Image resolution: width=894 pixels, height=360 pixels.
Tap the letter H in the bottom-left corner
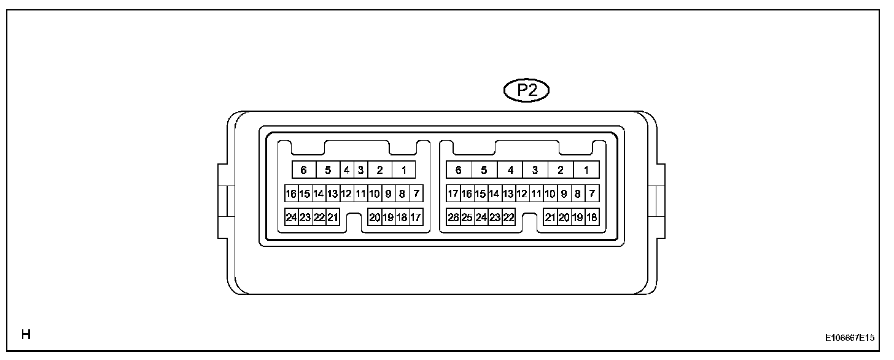coord(26,335)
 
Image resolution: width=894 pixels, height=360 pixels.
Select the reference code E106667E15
coord(850,338)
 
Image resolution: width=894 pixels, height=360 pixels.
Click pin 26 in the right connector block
coord(454,217)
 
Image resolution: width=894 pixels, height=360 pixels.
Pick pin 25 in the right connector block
coord(467,217)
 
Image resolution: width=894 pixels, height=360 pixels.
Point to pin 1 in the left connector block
coord(403,170)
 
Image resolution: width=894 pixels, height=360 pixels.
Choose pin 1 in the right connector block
coord(586,170)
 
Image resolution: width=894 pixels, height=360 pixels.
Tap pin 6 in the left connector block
coord(303,170)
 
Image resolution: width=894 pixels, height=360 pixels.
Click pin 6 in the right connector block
coord(458,170)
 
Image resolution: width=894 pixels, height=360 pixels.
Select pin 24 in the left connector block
coord(292,217)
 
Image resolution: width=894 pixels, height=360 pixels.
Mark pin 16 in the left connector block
coord(292,194)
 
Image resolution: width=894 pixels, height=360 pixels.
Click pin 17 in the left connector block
coord(416,217)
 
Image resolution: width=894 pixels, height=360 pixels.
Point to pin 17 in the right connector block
coord(454,194)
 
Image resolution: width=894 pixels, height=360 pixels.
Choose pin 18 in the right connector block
coord(592,217)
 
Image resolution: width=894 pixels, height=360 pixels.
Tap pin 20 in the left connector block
coord(375,217)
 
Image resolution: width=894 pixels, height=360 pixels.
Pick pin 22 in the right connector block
coord(508,217)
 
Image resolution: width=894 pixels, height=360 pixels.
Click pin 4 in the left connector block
coord(347,170)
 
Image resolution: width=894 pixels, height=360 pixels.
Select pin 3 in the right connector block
coord(535,170)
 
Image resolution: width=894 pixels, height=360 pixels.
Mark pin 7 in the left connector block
coord(416,194)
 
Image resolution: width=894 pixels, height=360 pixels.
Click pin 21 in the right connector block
coord(551,217)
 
